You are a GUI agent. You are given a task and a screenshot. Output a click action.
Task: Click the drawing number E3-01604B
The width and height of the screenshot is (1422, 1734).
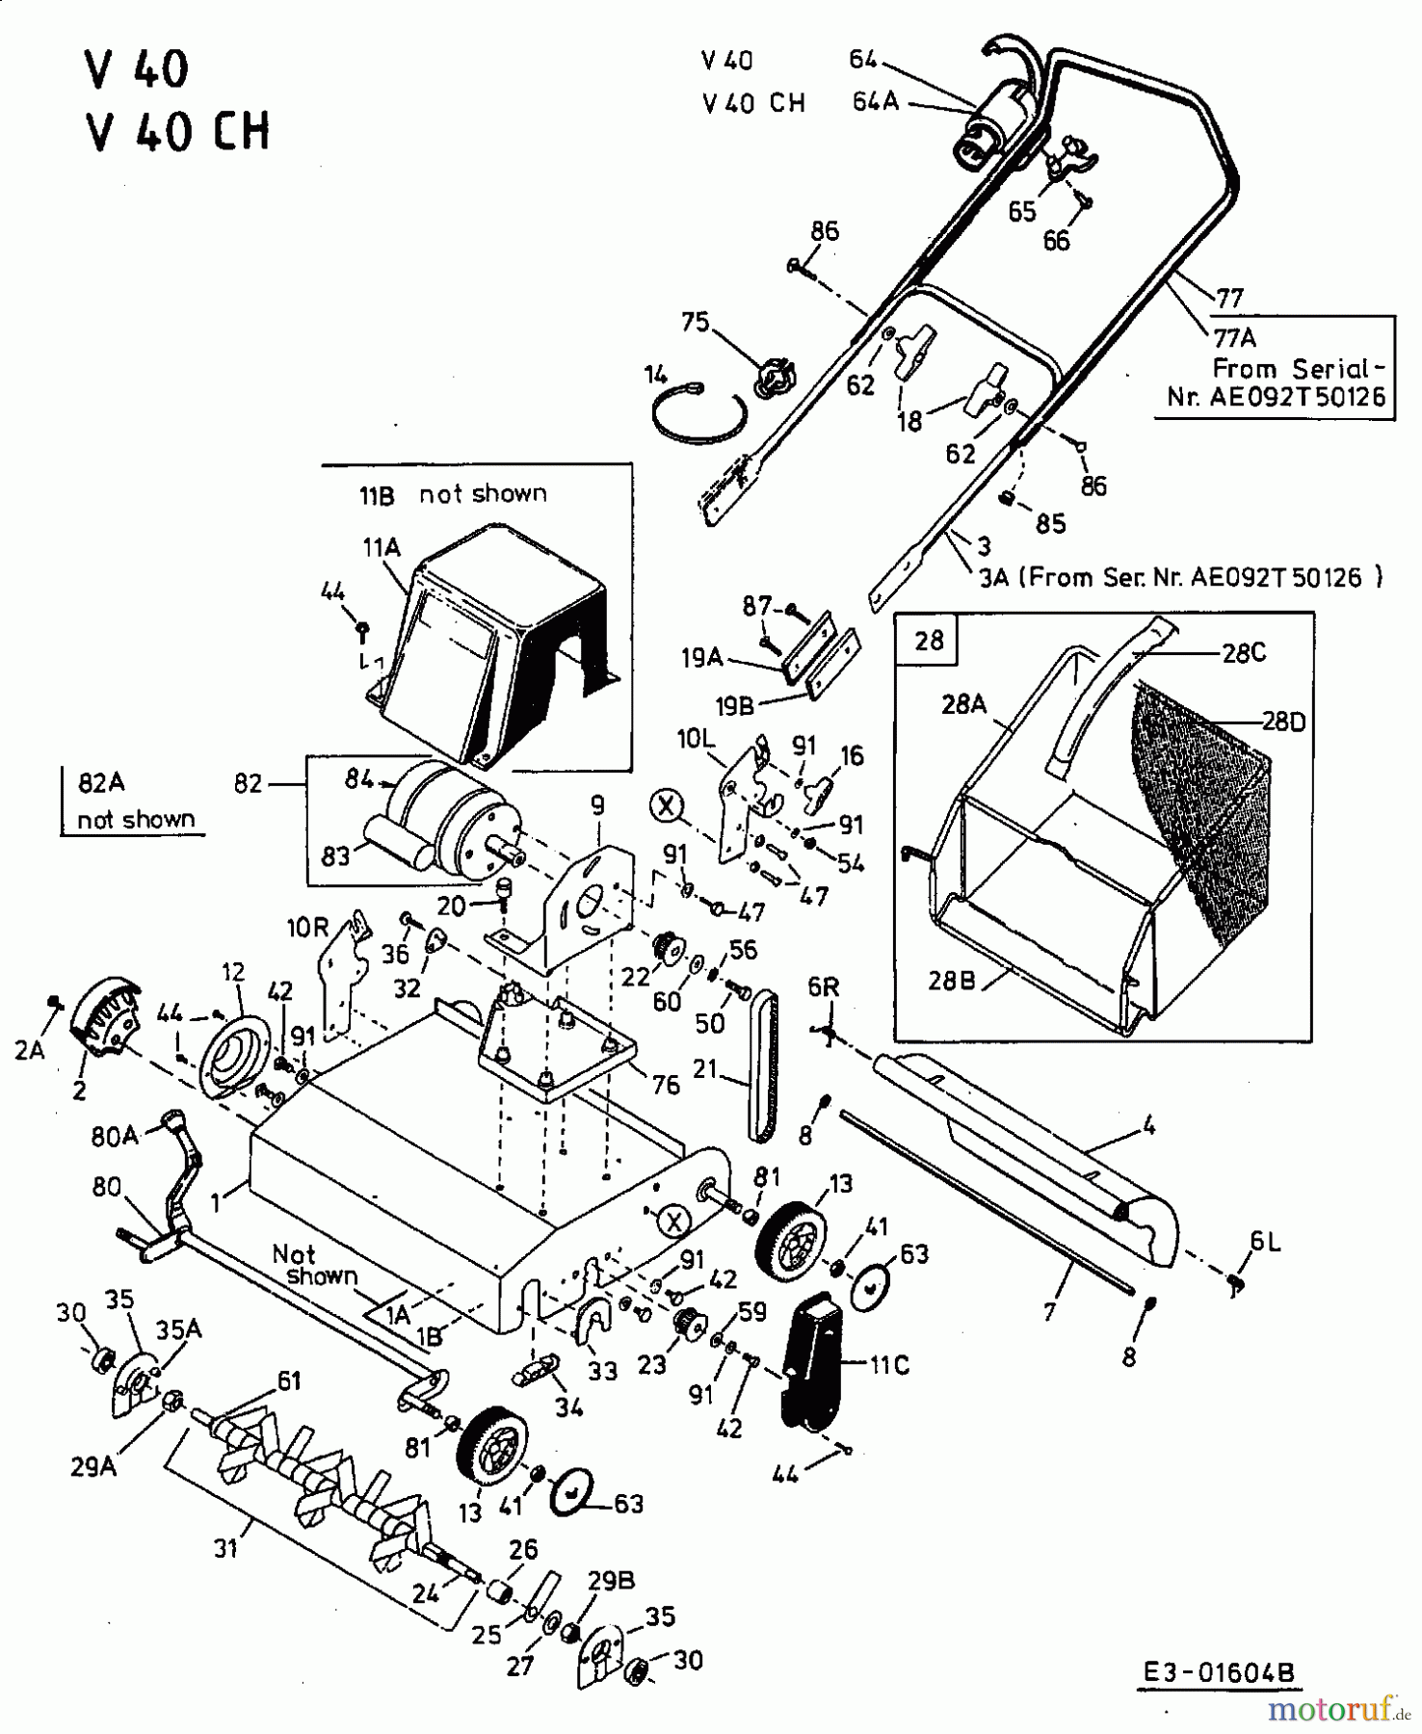[x=1220, y=1673]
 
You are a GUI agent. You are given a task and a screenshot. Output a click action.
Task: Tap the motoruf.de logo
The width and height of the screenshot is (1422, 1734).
[x=1334, y=1710]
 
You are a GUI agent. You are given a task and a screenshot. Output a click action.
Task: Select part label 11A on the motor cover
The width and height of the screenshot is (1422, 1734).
[x=381, y=547]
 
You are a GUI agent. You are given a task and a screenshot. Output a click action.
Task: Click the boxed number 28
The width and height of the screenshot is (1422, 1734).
[x=929, y=640]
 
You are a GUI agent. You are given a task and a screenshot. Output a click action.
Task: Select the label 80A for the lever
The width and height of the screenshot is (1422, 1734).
[x=116, y=1137]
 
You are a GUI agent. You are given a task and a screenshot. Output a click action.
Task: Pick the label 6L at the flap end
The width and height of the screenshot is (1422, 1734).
[x=1265, y=1242]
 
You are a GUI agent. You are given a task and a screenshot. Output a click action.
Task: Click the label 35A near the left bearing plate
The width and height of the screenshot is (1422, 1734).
[x=178, y=1329]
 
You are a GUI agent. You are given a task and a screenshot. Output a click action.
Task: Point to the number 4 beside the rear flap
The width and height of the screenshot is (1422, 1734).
[x=1148, y=1123]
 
